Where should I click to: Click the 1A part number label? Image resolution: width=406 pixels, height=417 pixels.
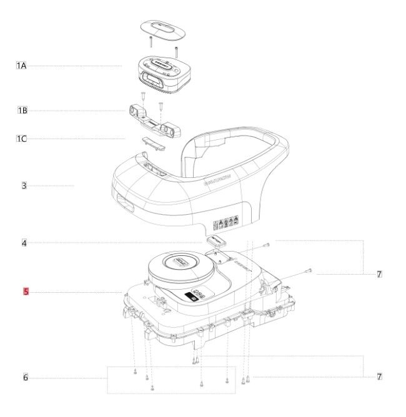tap(22, 66)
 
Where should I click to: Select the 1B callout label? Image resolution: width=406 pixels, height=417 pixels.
tap(22, 111)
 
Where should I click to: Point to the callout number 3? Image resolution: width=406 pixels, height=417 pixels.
tap(24, 186)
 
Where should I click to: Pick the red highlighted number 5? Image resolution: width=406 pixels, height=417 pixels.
tap(26, 292)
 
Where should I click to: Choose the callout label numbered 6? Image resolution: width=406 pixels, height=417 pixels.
tap(25, 378)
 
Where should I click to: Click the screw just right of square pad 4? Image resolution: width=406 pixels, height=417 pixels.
tap(266, 244)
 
